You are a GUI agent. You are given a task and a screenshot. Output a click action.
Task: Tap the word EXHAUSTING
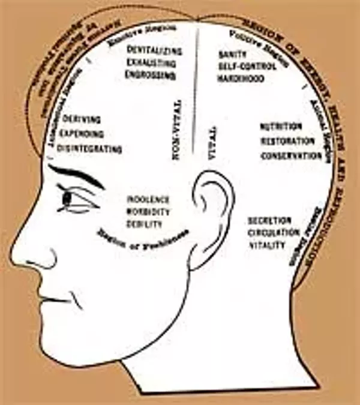(151, 63)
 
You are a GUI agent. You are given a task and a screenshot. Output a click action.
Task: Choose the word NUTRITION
(281, 127)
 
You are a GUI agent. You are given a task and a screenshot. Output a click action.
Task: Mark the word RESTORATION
(287, 142)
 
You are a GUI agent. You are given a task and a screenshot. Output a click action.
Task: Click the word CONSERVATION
(291, 156)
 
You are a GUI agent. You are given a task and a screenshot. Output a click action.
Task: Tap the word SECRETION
(269, 221)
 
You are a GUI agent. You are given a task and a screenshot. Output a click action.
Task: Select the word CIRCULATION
(273, 233)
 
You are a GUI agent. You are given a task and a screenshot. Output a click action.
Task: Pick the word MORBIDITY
(148, 212)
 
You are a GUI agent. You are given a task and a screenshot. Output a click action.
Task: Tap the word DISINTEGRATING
(92, 149)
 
